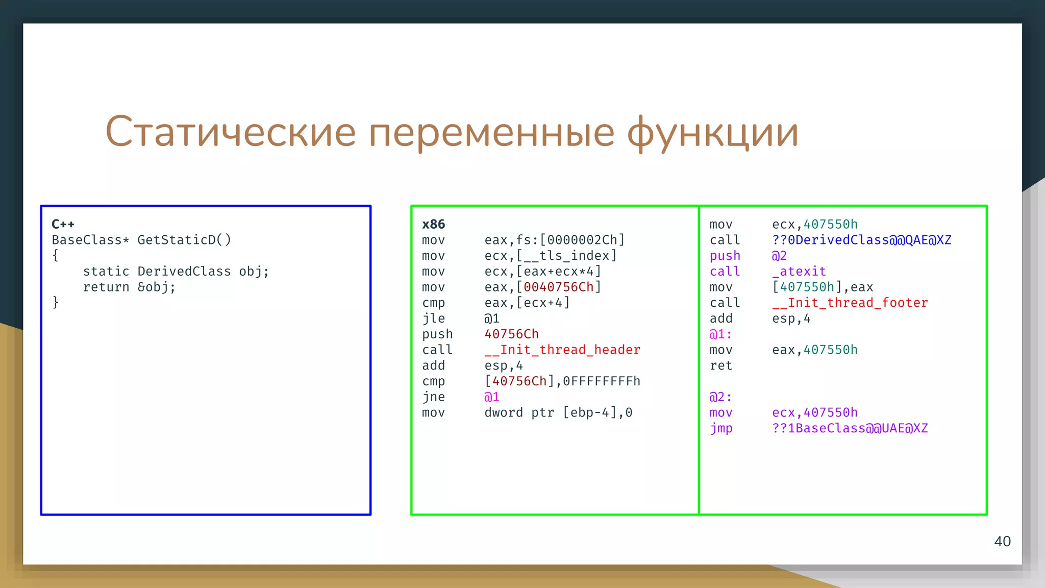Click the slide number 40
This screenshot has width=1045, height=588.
click(1002, 542)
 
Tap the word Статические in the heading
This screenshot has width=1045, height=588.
click(230, 132)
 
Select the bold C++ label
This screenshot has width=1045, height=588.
click(63, 224)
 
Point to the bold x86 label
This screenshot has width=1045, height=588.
click(433, 224)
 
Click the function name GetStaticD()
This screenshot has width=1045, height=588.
click(184, 240)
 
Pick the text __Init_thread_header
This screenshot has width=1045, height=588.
click(562, 350)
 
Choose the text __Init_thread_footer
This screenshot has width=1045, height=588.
click(850, 303)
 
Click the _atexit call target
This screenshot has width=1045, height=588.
click(799, 272)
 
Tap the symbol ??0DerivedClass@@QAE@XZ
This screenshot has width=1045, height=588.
click(861, 240)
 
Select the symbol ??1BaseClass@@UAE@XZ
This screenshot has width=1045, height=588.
click(850, 428)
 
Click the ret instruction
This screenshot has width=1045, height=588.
click(720, 365)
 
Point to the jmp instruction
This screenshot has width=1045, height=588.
click(720, 428)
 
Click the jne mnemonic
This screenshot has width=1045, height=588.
click(433, 397)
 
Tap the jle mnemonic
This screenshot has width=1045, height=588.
click(433, 318)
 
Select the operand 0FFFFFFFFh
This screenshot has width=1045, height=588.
click(602, 381)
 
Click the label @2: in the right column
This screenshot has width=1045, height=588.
click(720, 397)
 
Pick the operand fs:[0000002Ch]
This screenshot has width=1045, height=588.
click(570, 240)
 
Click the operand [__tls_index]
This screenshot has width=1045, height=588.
click(566, 256)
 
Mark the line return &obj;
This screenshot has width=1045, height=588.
click(129, 287)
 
